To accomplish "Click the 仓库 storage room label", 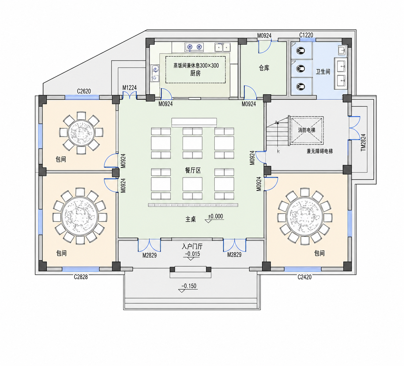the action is pyautogui.click(x=264, y=68).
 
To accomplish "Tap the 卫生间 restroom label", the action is pyautogui.click(x=323, y=71).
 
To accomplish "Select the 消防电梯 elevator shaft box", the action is pyautogui.click(x=307, y=130).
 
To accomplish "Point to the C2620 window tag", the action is pyautogui.click(x=84, y=91).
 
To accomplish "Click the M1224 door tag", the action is pyautogui.click(x=130, y=88).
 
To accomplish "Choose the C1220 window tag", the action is pyautogui.click(x=306, y=35).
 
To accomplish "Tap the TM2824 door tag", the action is pyautogui.click(x=363, y=142).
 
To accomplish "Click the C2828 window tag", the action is pyautogui.click(x=81, y=277).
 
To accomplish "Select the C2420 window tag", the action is pyautogui.click(x=304, y=277).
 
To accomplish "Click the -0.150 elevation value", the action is pyautogui.click(x=189, y=286).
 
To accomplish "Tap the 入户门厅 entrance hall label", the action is pyautogui.click(x=192, y=247).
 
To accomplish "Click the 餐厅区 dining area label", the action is pyautogui.click(x=193, y=171).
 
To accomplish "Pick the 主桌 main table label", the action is pyautogui.click(x=191, y=219).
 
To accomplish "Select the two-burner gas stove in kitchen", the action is pyautogui.click(x=194, y=47).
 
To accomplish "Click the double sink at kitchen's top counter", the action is pyautogui.click(x=223, y=47).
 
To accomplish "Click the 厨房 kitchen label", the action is pyautogui.click(x=195, y=73).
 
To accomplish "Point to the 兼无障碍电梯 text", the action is pyautogui.click(x=319, y=151).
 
